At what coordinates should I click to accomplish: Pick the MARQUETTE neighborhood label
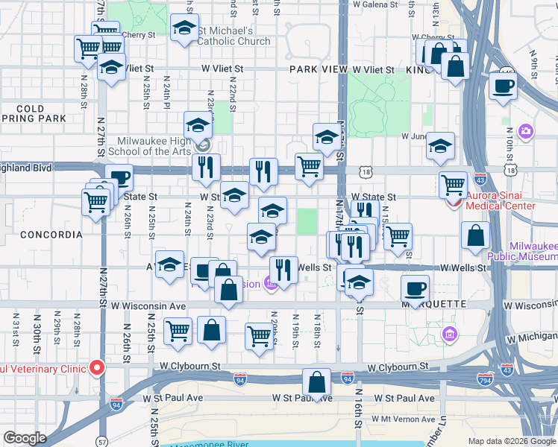(x=433, y=305)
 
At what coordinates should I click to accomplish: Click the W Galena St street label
(x=375, y=4)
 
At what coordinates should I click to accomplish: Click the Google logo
(x=25, y=438)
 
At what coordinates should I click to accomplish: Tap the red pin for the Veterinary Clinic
(x=97, y=367)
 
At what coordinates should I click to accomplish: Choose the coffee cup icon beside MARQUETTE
(x=415, y=287)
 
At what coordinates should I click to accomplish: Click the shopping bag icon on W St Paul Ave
(x=317, y=382)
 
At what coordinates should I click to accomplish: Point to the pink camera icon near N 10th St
(x=526, y=132)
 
